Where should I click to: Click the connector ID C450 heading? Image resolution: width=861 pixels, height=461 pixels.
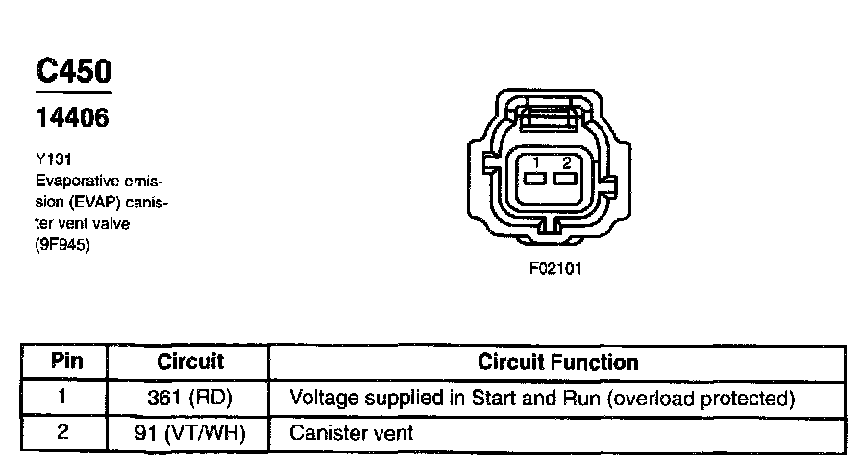click(73, 71)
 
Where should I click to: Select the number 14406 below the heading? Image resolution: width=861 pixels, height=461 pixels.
click(72, 118)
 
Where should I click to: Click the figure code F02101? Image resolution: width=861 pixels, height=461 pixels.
click(554, 269)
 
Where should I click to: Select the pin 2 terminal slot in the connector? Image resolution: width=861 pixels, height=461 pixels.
click(566, 179)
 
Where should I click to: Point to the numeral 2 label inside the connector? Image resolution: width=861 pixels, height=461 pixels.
click(567, 162)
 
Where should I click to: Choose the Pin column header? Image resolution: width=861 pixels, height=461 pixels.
click(64, 362)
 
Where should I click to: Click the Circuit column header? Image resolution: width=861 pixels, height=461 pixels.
click(189, 362)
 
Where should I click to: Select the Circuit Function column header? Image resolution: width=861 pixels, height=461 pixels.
click(557, 362)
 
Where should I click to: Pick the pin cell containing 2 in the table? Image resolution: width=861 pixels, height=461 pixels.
click(64, 432)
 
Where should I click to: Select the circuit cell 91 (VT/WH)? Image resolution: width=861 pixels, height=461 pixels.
click(189, 433)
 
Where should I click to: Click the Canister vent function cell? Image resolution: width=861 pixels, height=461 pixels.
click(351, 433)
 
